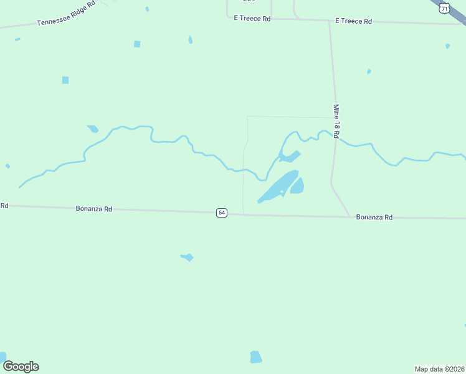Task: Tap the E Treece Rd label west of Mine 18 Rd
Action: (252, 19)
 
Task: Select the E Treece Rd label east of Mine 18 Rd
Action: (353, 21)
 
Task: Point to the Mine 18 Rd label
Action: (336, 120)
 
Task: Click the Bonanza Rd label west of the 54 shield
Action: (94, 209)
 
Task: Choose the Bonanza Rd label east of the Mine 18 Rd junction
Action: (374, 217)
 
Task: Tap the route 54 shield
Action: (222, 213)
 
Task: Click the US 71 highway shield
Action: (444, 7)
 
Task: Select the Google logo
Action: (21, 366)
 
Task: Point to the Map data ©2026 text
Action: (439, 369)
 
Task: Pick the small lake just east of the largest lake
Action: (297, 186)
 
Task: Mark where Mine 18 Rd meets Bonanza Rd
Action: (349, 216)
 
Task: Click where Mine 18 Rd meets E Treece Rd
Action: (330, 21)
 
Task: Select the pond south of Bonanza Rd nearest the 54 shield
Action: (188, 257)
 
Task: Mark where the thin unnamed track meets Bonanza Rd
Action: (244, 214)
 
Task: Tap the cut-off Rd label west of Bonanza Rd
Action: (4, 205)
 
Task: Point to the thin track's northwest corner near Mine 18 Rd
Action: (248, 117)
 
